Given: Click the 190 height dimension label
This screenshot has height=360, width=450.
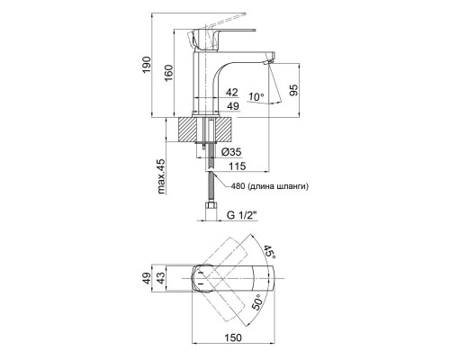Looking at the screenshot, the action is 147,64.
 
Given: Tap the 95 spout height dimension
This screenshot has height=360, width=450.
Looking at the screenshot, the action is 294,90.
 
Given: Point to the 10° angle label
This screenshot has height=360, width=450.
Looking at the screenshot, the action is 256,97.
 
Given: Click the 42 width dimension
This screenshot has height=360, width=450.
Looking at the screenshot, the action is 232,93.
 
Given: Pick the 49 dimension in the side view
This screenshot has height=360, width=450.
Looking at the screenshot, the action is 232,106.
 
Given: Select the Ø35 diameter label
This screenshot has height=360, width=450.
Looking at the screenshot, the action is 231,152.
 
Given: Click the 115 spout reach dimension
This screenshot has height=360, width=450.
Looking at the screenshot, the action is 237,166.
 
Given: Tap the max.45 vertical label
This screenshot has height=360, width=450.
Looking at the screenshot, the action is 161,176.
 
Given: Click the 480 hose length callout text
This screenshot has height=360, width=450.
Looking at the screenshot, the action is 269,186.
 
